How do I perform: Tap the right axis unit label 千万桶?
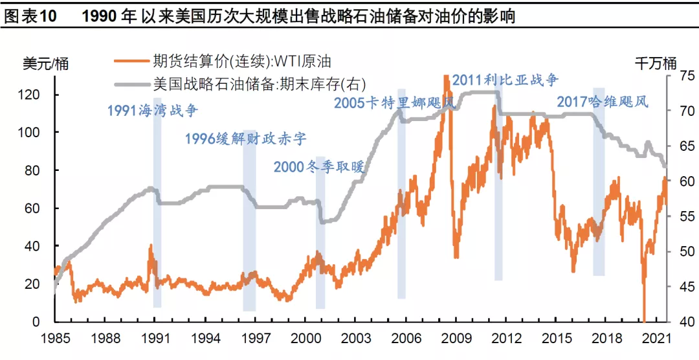coord(655,63)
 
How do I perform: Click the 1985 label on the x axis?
coord(54,338)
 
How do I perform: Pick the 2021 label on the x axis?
coord(655,338)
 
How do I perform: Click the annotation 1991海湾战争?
coord(153,110)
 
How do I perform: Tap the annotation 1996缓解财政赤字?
coord(245,139)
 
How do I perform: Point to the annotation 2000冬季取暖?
coord(318,167)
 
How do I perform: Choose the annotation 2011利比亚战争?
coord(505,80)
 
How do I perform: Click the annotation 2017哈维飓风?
coord(603,102)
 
